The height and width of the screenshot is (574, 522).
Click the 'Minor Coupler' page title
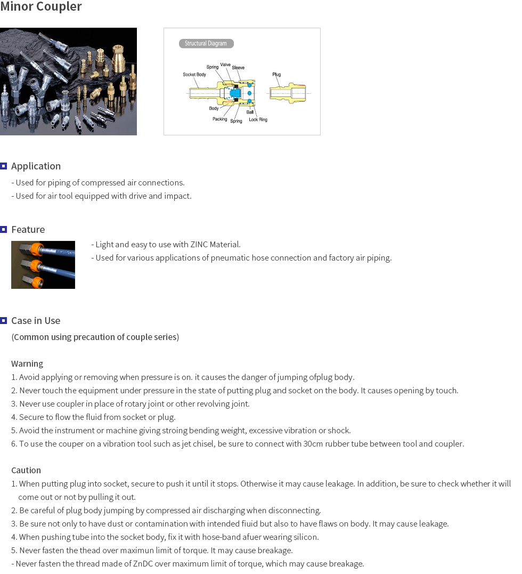[x=41, y=7]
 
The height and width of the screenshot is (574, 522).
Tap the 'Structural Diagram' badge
[x=206, y=44]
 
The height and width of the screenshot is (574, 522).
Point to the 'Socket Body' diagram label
[x=194, y=75]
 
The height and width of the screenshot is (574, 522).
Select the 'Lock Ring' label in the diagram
[x=258, y=120]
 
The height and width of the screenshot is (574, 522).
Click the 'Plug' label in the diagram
[x=276, y=75]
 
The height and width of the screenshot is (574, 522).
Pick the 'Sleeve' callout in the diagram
[x=238, y=68]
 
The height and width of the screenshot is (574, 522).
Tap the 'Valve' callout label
[x=225, y=64]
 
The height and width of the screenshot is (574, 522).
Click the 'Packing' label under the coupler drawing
[x=219, y=119]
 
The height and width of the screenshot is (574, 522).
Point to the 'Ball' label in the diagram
[x=250, y=112]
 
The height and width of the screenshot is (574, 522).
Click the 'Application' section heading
[x=36, y=166]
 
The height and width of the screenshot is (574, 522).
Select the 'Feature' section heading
[x=28, y=230]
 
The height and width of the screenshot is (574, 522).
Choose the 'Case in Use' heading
[x=36, y=321]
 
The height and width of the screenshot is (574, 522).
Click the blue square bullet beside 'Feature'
[x=4, y=229]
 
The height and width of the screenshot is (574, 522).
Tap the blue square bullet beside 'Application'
[x=4, y=166]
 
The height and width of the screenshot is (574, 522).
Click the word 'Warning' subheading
[x=27, y=364]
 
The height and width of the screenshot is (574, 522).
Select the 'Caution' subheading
[x=26, y=471]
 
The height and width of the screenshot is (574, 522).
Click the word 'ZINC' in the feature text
[x=200, y=245]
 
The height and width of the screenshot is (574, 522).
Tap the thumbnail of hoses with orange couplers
[x=43, y=265]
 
